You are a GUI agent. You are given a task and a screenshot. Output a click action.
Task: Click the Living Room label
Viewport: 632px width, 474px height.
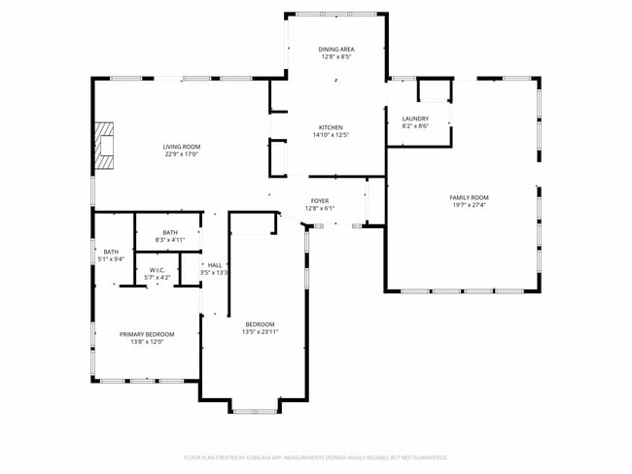click(x=182, y=147)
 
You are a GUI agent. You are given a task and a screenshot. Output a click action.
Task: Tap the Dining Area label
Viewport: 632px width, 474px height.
click(x=336, y=49)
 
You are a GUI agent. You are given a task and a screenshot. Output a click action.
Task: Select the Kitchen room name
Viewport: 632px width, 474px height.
click(x=331, y=127)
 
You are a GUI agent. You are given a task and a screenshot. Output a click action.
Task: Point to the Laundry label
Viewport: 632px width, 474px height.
click(x=415, y=118)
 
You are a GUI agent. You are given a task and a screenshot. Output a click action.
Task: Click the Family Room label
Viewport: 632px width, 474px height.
click(x=469, y=197)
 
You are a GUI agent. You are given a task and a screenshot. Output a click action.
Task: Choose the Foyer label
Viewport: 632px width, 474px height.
click(x=319, y=201)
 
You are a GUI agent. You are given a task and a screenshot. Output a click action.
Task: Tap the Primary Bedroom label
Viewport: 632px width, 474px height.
click(x=148, y=334)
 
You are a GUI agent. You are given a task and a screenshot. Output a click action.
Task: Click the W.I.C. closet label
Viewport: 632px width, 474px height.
click(x=158, y=271)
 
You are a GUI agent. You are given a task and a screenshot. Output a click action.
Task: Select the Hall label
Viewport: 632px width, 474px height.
click(x=214, y=265)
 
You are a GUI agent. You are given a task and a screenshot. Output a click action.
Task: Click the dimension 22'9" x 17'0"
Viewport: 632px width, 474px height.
click(x=182, y=154)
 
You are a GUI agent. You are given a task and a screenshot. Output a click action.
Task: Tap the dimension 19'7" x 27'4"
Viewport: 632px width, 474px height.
click(x=469, y=205)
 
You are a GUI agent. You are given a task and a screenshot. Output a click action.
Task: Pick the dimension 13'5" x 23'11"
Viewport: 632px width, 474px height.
click(x=260, y=332)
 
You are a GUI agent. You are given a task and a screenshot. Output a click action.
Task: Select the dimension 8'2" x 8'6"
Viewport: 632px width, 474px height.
click(x=415, y=126)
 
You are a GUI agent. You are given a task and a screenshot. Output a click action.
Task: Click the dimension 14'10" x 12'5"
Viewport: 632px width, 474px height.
click(x=331, y=135)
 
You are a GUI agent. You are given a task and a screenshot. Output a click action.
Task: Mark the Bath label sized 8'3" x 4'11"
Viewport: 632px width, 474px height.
click(x=170, y=232)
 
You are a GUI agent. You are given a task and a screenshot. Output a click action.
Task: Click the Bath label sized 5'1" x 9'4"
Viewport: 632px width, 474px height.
click(x=111, y=252)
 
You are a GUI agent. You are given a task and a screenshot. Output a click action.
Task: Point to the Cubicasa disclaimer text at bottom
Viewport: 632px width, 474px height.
click(x=315, y=457)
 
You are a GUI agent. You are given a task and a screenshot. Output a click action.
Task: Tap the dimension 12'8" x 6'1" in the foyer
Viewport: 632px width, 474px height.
click(x=319, y=209)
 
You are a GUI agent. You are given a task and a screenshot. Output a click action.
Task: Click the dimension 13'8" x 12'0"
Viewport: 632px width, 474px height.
click(x=148, y=342)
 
